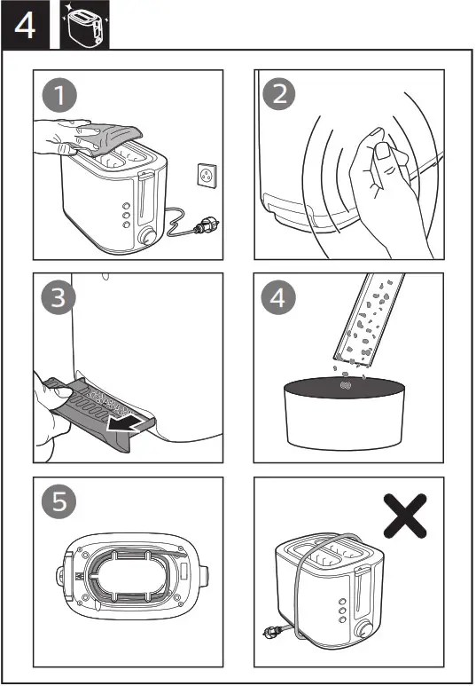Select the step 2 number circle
(280, 93)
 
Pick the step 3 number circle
(58, 298)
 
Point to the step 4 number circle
(279, 298)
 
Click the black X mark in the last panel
(406, 515)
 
